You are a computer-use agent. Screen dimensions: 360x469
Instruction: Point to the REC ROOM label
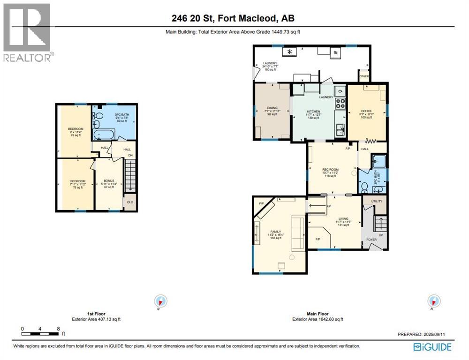pos(330,169)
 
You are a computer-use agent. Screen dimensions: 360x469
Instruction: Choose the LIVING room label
pos(346,218)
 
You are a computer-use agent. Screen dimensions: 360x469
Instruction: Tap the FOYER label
pos(371,240)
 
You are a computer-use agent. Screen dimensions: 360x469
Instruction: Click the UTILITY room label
pos(377,201)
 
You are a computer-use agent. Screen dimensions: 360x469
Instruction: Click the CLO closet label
pos(129,202)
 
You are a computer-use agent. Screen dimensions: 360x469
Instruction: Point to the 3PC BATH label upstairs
pos(121,114)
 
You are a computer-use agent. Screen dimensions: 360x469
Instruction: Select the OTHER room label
pos(364,76)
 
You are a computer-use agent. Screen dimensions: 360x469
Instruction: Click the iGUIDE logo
pos(432,347)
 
